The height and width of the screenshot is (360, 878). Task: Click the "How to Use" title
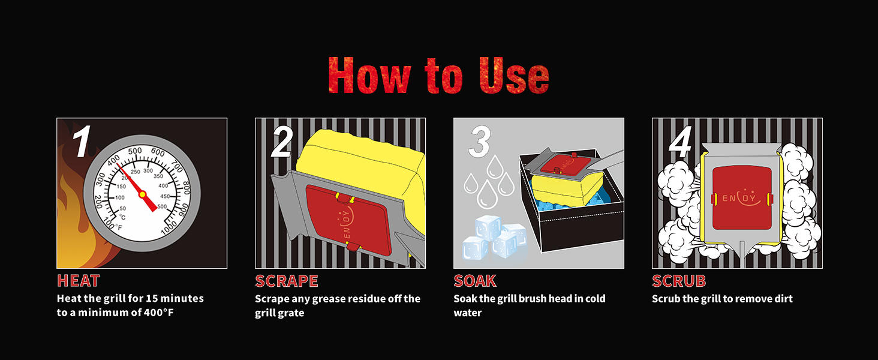tap(438, 75)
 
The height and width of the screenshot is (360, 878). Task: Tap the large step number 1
tap(82, 141)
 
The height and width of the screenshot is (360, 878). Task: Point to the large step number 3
tap(480, 142)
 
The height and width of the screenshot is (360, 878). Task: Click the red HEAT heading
tap(79, 281)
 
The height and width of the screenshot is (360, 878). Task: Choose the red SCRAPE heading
tap(287, 281)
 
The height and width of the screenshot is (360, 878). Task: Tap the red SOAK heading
tap(475, 281)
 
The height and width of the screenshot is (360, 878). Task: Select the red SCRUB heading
tap(679, 281)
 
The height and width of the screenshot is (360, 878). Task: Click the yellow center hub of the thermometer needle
tap(142, 194)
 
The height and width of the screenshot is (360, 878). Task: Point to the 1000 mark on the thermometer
tap(169, 227)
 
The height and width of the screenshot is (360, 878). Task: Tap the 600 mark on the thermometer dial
tap(158, 152)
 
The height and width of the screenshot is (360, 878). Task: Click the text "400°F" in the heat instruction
tap(159, 313)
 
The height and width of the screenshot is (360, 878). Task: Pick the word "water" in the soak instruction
tap(468, 313)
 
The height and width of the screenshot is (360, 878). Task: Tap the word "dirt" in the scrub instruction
tap(783, 299)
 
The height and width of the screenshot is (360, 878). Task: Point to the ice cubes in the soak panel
tap(495, 237)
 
